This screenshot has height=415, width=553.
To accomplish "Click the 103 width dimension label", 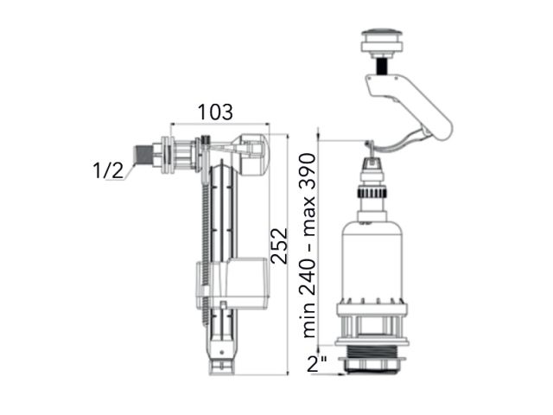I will click(x=215, y=112).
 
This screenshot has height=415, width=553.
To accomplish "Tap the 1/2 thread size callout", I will click(x=108, y=170).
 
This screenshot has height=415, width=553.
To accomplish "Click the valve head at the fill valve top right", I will click(x=251, y=154).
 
